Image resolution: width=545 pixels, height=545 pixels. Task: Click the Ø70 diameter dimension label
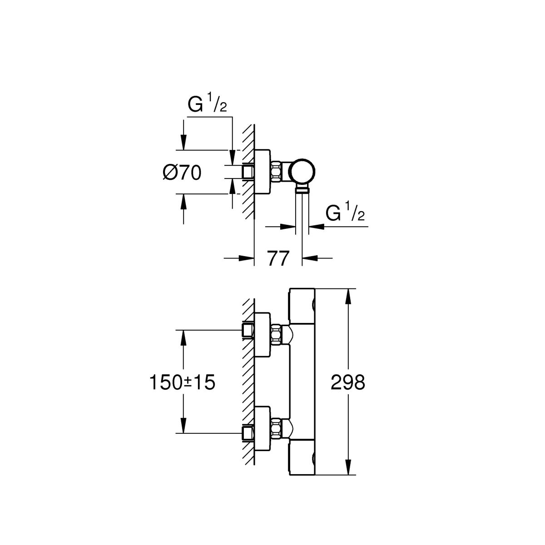click(181, 173)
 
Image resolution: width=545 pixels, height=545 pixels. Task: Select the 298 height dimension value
click(348, 383)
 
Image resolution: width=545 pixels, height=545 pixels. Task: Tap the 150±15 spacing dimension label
click(182, 383)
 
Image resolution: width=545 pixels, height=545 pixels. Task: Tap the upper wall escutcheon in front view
click(263, 335)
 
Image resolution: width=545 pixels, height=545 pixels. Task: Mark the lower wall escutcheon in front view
click(263, 428)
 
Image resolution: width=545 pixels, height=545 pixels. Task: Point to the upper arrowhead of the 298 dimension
click(348, 296)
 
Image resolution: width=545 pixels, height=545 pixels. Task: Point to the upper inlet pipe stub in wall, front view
click(248, 330)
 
